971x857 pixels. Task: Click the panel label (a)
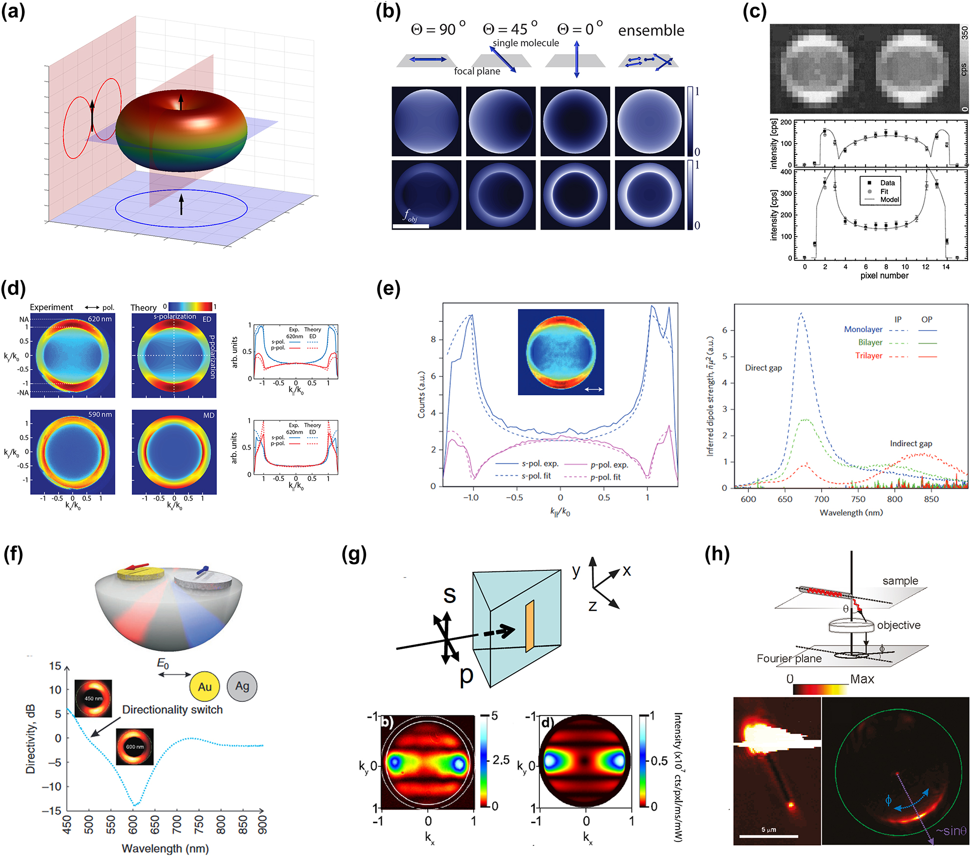click(x=13, y=12)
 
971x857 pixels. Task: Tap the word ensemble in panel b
click(x=651, y=30)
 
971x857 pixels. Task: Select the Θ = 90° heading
click(x=438, y=29)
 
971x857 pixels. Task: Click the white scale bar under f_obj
click(x=411, y=226)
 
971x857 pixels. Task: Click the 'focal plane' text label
click(x=477, y=71)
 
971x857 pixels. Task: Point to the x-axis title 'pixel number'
click(x=884, y=275)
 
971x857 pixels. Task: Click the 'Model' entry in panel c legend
click(x=889, y=199)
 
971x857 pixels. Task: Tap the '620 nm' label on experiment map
click(x=100, y=319)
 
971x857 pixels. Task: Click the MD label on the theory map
click(x=208, y=415)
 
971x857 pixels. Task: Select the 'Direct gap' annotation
click(x=763, y=368)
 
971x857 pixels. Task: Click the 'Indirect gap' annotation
click(x=910, y=443)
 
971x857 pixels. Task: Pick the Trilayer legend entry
click(x=868, y=355)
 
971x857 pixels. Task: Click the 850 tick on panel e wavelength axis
click(x=931, y=499)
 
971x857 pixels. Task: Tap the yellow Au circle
click(x=205, y=687)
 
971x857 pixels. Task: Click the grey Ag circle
click(x=242, y=686)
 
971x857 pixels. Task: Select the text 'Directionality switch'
click(x=172, y=710)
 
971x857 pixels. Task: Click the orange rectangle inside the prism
click(x=530, y=626)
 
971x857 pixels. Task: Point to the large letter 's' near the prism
click(x=450, y=594)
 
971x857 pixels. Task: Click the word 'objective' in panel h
click(x=898, y=625)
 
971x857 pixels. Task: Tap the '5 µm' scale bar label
click(x=768, y=830)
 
